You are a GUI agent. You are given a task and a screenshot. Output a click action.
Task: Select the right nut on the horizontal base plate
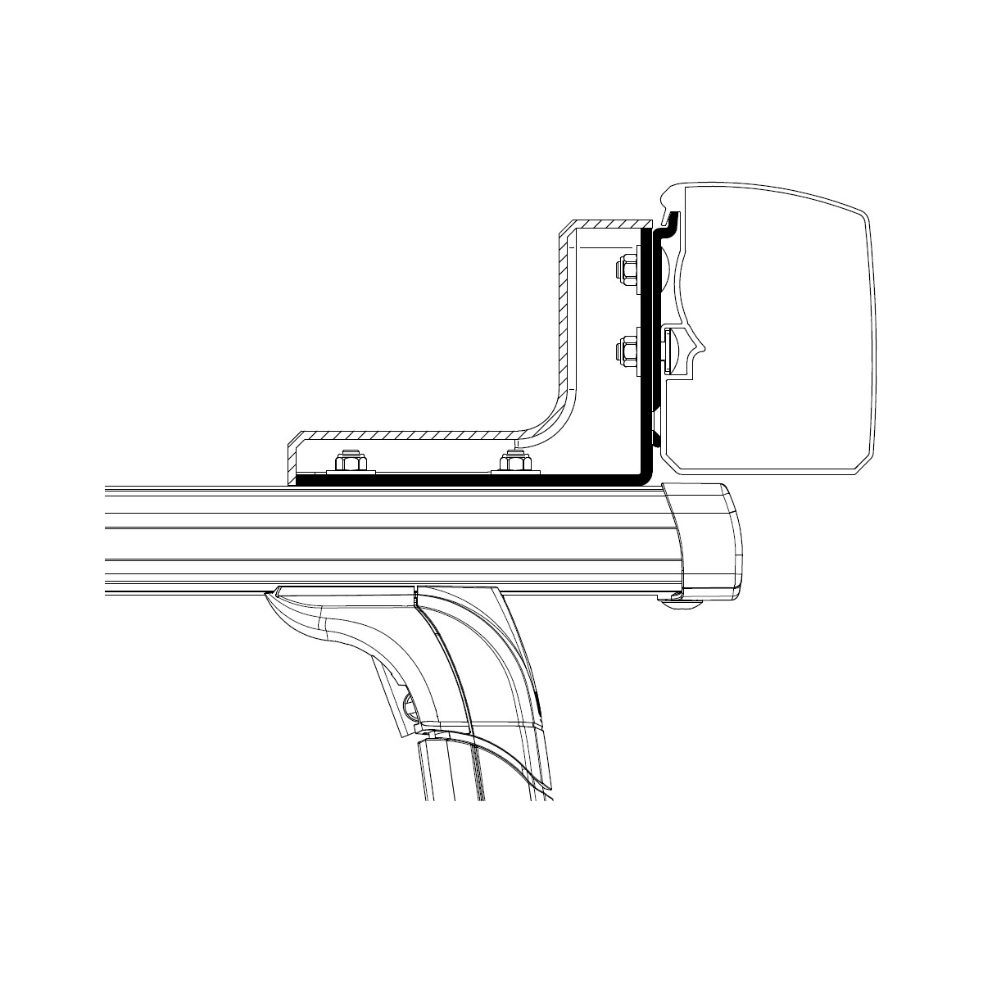(515, 464)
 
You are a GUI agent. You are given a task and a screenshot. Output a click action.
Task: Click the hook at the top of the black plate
(671, 220)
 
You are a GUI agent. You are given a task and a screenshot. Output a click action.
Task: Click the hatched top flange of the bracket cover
(606, 224)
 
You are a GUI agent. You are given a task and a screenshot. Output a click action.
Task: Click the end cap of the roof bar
(709, 540)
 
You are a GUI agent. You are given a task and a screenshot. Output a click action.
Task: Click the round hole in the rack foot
(411, 703)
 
